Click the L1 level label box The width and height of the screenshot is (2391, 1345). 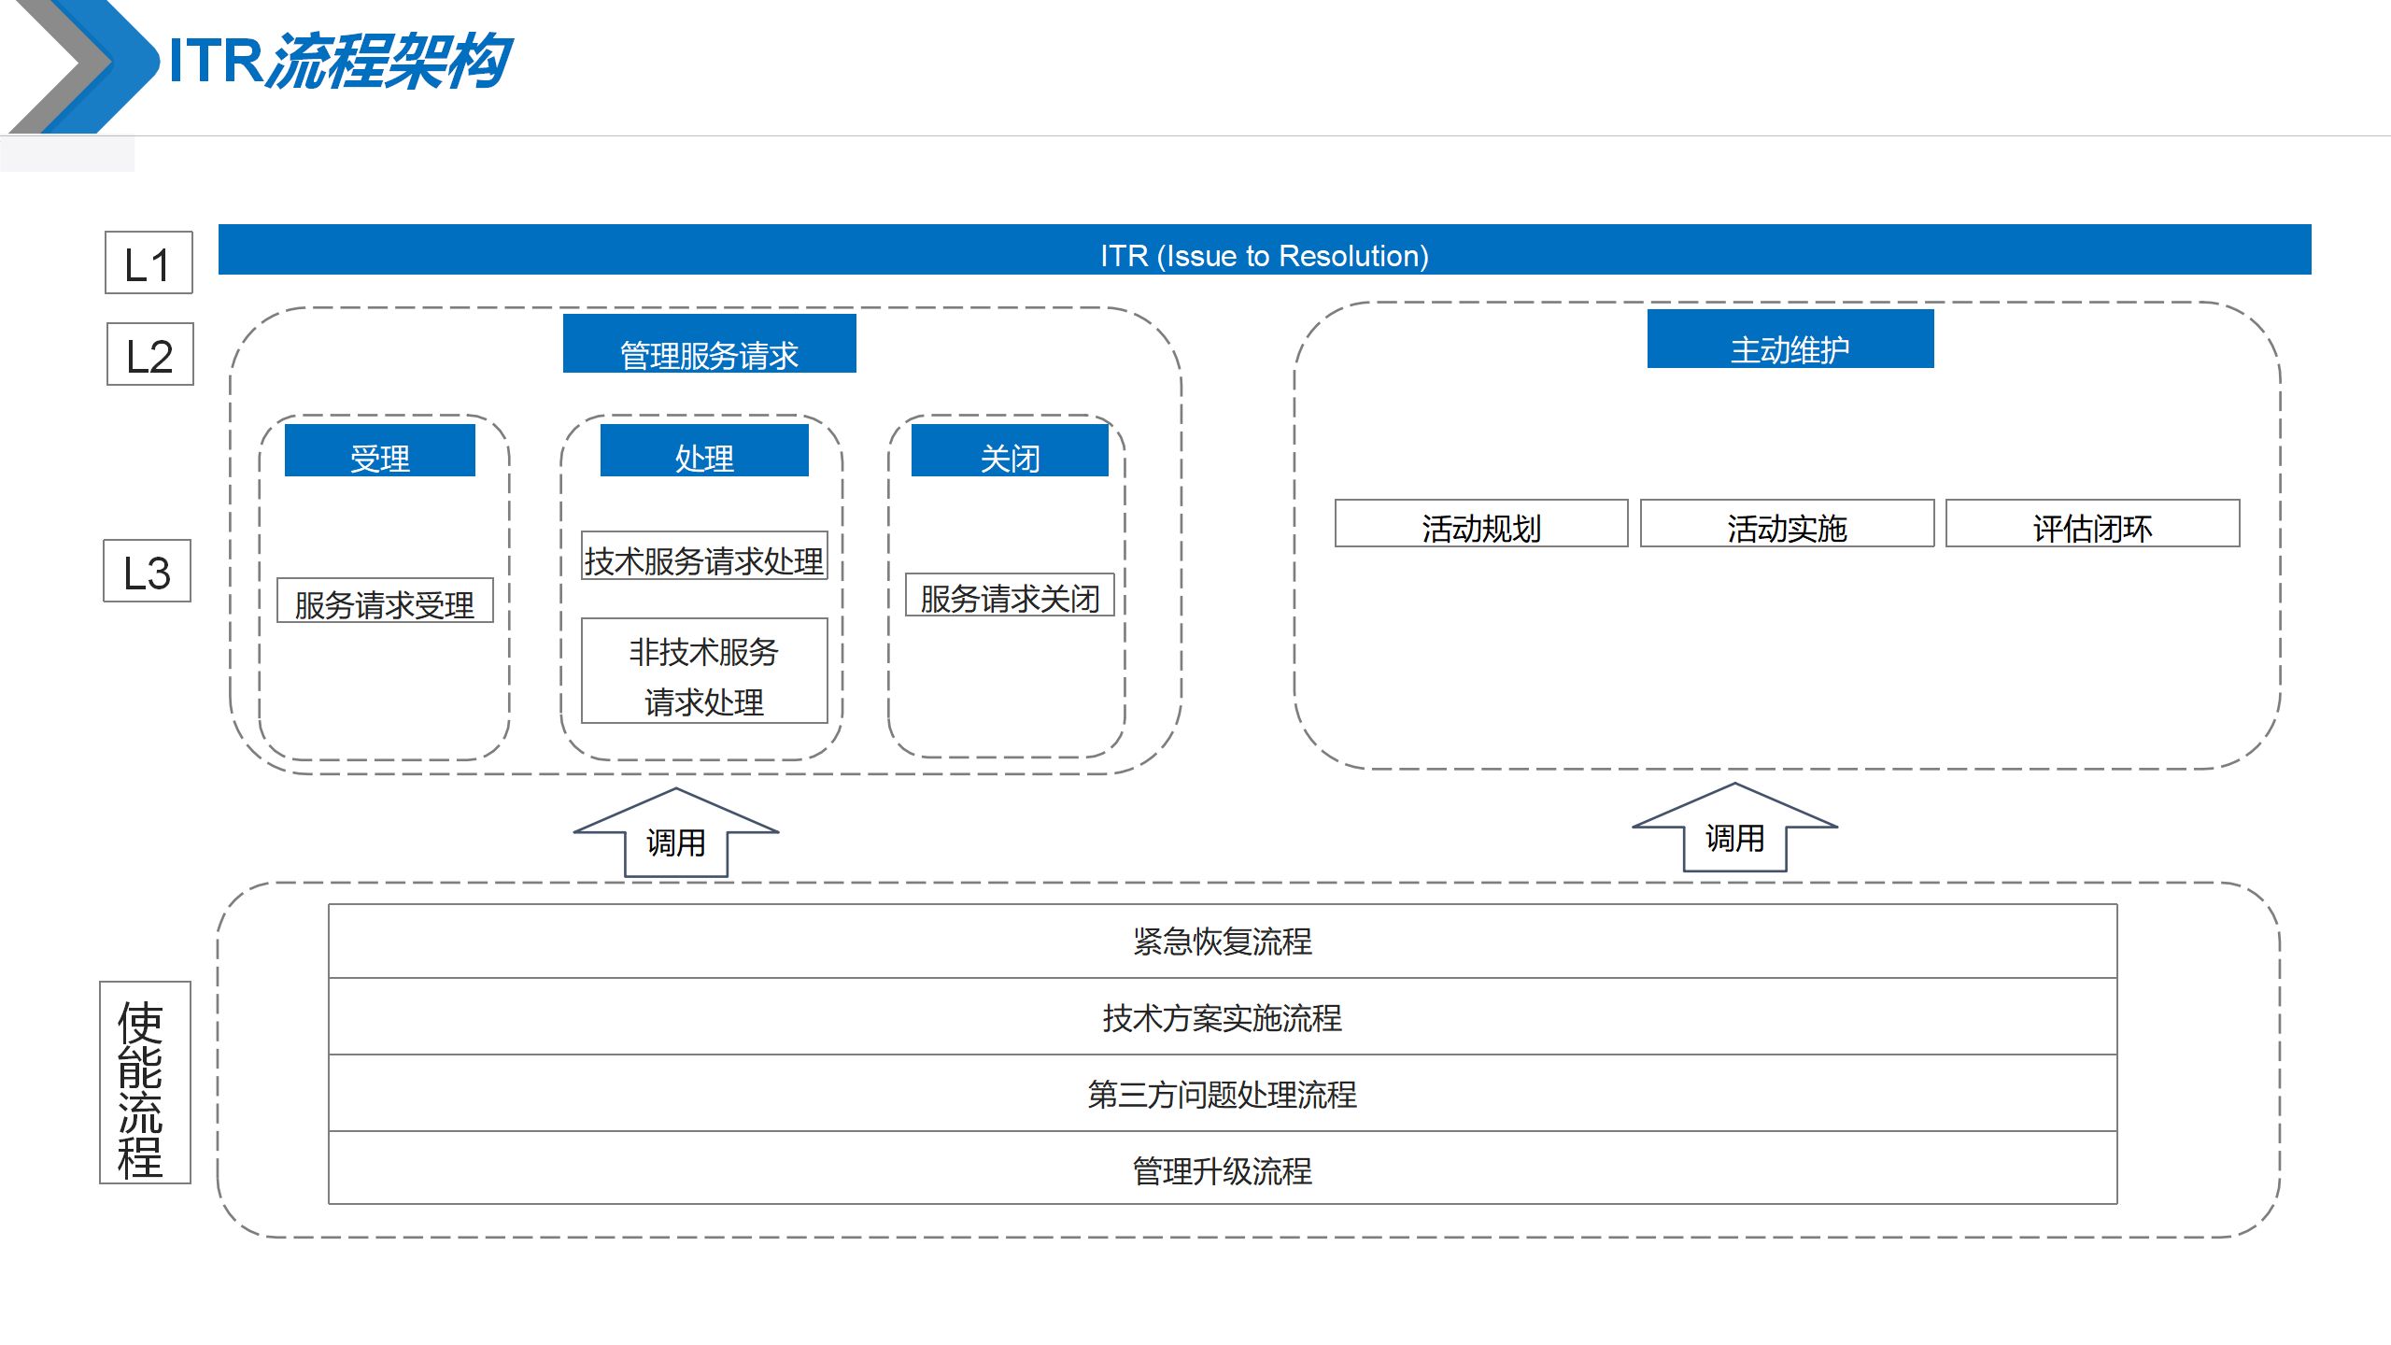(149, 263)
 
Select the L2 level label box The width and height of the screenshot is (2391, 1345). (149, 354)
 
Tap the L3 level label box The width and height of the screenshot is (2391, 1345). (147, 571)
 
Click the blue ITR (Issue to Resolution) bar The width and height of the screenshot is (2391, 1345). (1264, 250)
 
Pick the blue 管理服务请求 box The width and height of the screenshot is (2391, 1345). (709, 345)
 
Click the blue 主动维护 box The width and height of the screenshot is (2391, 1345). (1790, 340)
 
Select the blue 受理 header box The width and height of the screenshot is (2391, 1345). (379, 451)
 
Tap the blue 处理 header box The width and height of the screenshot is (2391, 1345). (704, 451)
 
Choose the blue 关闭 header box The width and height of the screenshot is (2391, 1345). (1009, 451)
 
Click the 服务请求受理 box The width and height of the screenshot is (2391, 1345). (385, 602)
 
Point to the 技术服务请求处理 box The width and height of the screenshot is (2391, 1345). (704, 557)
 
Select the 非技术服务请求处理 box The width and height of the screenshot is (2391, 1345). (704, 672)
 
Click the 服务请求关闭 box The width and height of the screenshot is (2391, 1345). (1010, 596)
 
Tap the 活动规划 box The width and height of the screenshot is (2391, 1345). (1480, 524)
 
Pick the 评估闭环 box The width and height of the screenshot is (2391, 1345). (2092, 524)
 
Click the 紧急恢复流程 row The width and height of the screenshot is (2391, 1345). (1222, 941)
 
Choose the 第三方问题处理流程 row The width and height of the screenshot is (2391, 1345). (1222, 1094)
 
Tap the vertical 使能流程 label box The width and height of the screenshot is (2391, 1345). (145, 1083)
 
